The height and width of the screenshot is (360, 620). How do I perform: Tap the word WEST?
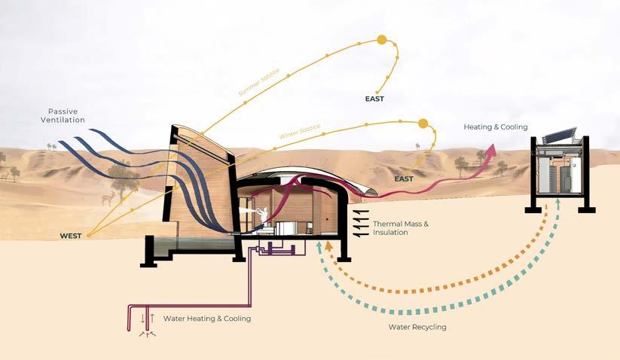click(72, 236)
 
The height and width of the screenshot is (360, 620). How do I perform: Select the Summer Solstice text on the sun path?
click(258, 82)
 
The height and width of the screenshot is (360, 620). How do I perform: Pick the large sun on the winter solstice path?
click(423, 124)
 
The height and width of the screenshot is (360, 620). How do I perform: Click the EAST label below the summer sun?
click(374, 96)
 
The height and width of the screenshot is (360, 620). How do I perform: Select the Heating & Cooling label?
click(495, 127)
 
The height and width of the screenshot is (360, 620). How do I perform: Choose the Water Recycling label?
click(417, 327)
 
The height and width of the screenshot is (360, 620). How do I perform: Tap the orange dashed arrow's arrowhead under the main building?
click(328, 246)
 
